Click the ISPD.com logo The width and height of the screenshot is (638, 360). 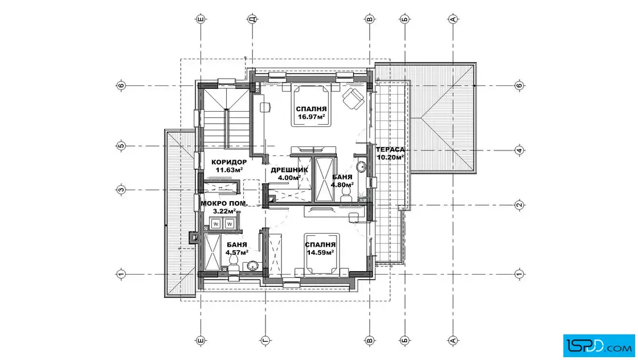(x=599, y=346)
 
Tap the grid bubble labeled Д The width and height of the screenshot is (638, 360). (x=253, y=19)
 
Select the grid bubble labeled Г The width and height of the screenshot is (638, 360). (x=265, y=340)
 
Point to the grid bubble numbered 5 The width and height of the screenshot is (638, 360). (x=121, y=146)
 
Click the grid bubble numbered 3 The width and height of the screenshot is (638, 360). (x=121, y=190)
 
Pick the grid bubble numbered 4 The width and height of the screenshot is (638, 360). (x=519, y=150)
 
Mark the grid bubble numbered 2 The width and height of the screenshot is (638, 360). (x=519, y=204)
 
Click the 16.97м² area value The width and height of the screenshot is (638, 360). (x=311, y=117)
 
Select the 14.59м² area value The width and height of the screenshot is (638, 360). (x=320, y=252)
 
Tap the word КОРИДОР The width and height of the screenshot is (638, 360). (x=229, y=162)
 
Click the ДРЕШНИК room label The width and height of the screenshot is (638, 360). (x=289, y=170)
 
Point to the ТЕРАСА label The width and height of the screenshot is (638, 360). (x=390, y=149)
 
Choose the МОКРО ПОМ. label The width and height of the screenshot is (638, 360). (x=224, y=203)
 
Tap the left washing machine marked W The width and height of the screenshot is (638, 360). (x=216, y=224)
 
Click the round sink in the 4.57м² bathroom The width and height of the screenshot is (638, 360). (x=252, y=267)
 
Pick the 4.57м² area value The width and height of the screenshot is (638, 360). (x=237, y=252)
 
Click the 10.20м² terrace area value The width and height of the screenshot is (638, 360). (x=390, y=157)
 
